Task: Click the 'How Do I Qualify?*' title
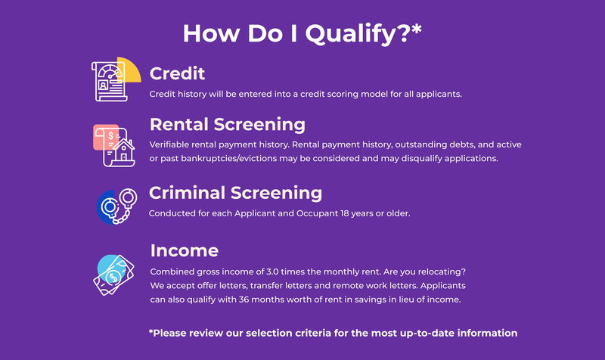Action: tap(302, 33)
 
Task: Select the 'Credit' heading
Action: tap(177, 73)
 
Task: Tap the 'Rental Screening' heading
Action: tap(228, 124)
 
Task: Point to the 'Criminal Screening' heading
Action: tap(235, 193)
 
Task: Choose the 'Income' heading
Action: tap(184, 250)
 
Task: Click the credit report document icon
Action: tap(109, 82)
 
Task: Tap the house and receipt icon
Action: tap(115, 146)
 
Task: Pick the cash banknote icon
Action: tap(113, 275)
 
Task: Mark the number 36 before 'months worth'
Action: tap(244, 299)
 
